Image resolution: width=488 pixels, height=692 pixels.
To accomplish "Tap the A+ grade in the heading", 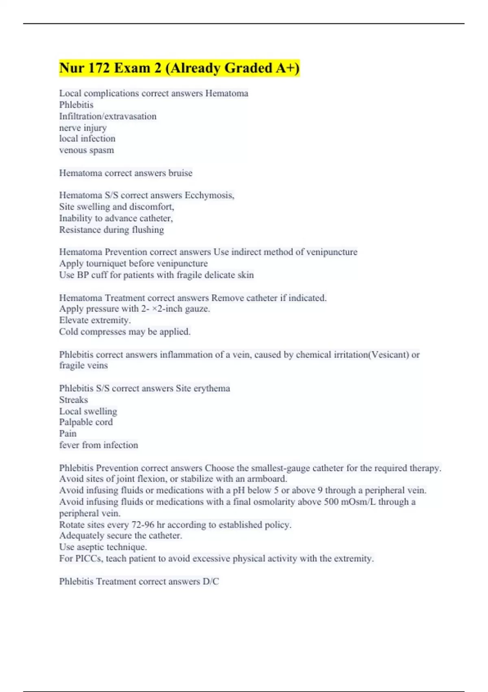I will (287, 68).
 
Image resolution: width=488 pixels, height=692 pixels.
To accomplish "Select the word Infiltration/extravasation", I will (108, 116).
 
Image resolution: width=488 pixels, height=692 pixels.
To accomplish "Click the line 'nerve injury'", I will (83, 128).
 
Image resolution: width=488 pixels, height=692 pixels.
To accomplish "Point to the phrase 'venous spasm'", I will (87, 150).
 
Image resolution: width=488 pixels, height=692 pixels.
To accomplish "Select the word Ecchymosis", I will (209, 195).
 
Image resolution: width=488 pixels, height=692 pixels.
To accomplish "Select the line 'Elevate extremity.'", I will (95, 320).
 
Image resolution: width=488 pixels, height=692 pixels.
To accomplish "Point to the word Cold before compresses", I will (68, 332).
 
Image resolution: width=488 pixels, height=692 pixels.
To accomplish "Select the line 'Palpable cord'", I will (86, 422).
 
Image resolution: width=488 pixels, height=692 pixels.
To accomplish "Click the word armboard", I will (267, 479).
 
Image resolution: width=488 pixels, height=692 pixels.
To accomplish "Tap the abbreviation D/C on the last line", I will (211, 582).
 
